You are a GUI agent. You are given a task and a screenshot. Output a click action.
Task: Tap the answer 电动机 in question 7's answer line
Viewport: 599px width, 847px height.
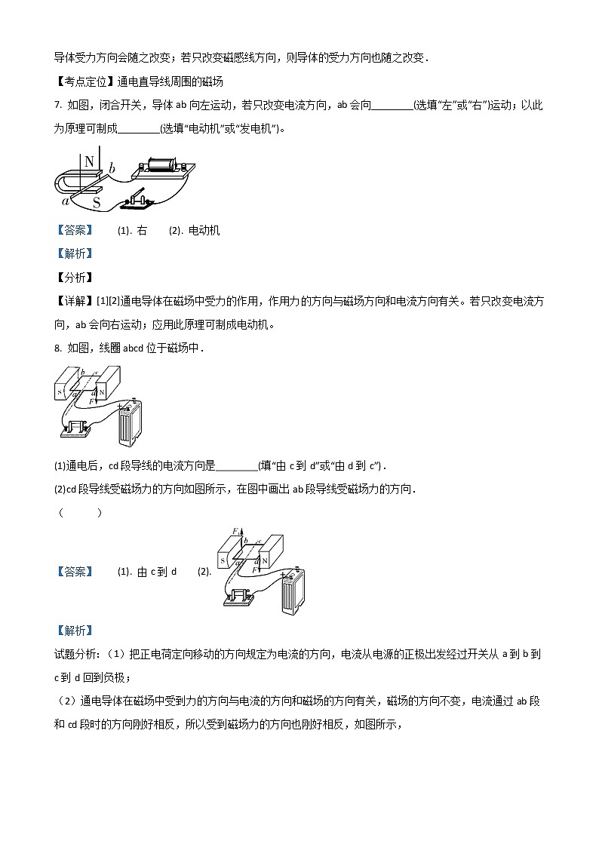click(203, 231)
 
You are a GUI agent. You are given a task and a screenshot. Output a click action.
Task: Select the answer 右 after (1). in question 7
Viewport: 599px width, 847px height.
click(143, 231)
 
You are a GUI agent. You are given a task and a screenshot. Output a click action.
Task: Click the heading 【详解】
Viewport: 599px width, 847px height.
click(72, 302)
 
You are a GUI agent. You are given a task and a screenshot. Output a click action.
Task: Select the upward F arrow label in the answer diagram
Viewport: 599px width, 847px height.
click(235, 532)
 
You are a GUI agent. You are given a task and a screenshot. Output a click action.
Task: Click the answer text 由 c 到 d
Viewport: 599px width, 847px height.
click(158, 572)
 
